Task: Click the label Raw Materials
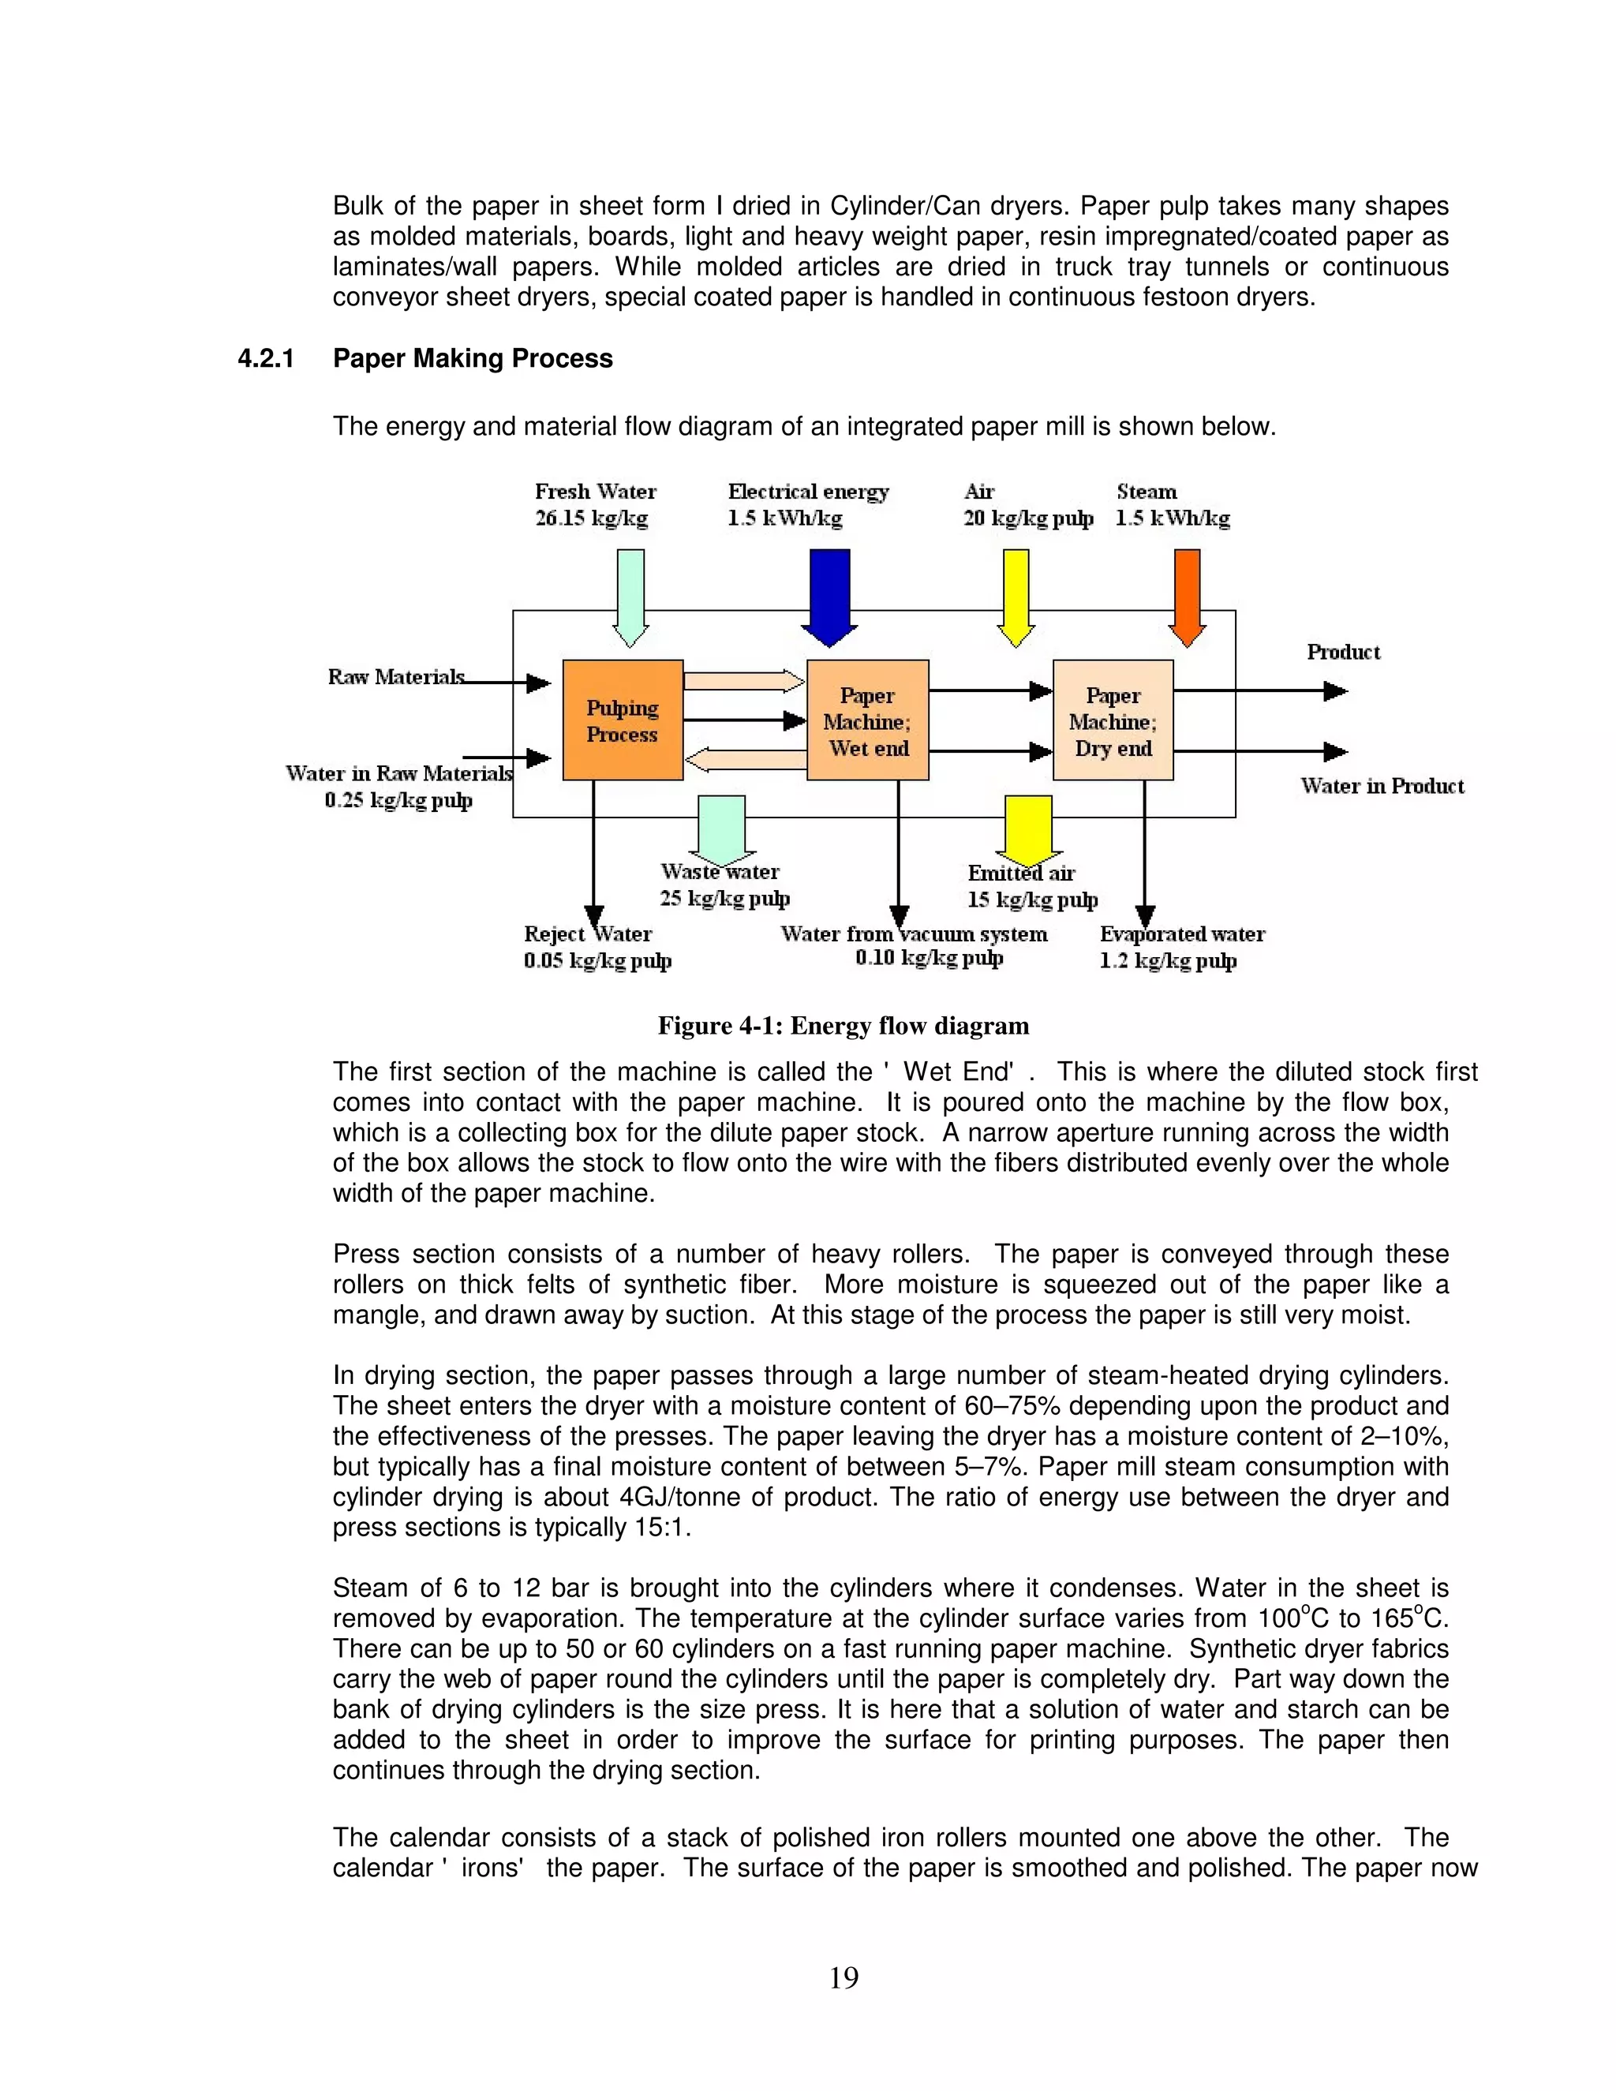point(395,677)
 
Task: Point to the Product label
point(1343,652)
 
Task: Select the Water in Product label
point(1382,786)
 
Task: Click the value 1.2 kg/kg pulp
point(1168,960)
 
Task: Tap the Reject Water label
point(588,933)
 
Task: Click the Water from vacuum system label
point(913,933)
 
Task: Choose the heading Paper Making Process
point(472,358)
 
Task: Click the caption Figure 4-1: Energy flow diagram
point(843,1026)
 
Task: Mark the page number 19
point(844,1977)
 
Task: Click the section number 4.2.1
point(265,358)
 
